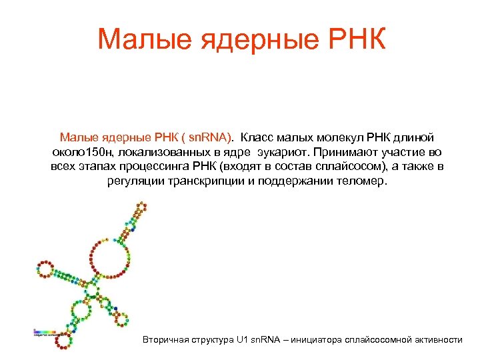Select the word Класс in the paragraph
tap(255, 137)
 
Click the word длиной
tap(415, 137)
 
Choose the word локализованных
tap(159, 152)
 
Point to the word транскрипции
tap(205, 181)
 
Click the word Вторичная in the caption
tap(165, 340)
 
